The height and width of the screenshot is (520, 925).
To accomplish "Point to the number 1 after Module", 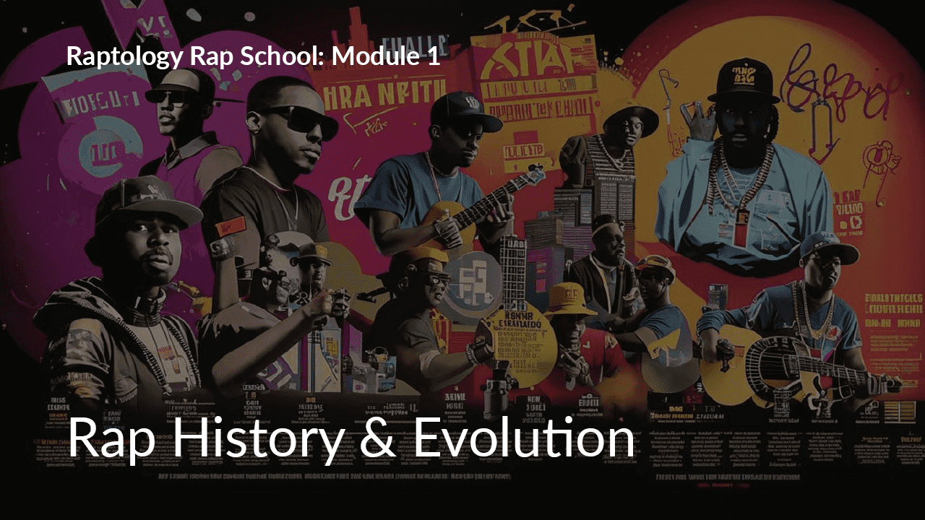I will (x=432, y=56).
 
